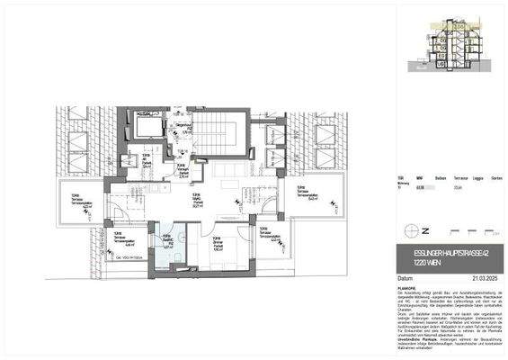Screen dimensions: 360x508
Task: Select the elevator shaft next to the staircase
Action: [145, 126]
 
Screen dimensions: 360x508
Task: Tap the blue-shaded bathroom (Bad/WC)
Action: [168, 244]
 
